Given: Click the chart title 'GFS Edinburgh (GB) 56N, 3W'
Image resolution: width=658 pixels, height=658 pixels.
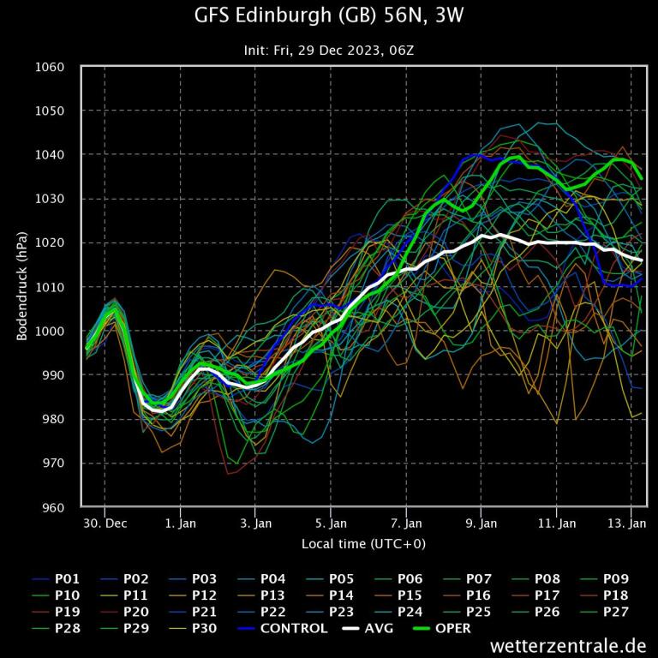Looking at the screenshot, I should (329, 16).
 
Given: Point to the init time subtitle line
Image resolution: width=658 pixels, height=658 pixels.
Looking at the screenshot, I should (329, 51).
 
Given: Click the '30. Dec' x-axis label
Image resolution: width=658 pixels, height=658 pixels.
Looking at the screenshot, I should (105, 522).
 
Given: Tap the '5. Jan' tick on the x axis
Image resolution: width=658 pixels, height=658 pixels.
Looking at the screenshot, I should (331, 522).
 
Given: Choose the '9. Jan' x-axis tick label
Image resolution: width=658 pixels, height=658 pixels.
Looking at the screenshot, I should (482, 522).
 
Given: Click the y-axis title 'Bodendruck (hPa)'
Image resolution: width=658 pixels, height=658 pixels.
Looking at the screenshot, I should (22, 287).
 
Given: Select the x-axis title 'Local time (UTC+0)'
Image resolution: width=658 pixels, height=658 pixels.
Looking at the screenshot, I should (363, 544).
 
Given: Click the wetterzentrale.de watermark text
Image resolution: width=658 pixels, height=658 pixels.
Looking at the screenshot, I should (568, 645).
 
